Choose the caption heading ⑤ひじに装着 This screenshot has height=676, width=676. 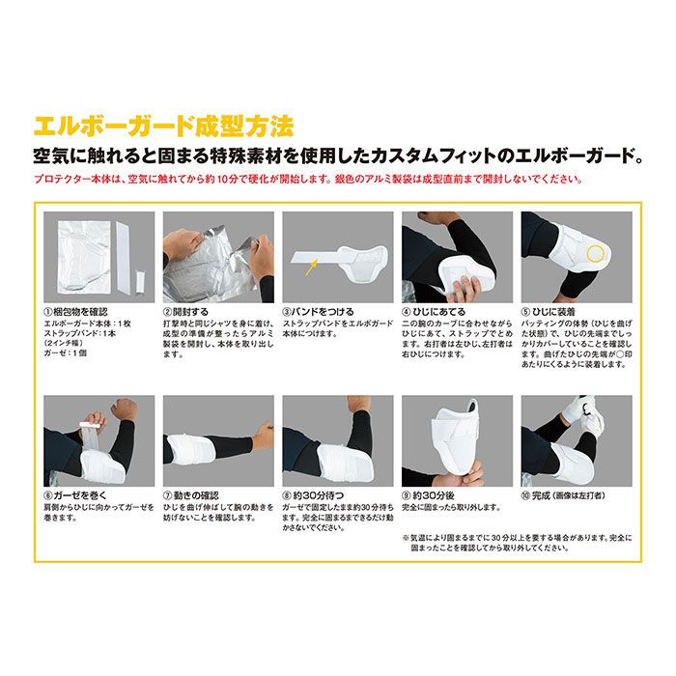click(551, 312)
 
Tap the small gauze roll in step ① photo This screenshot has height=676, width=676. click(137, 285)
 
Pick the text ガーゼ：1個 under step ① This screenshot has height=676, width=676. click(69, 354)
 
